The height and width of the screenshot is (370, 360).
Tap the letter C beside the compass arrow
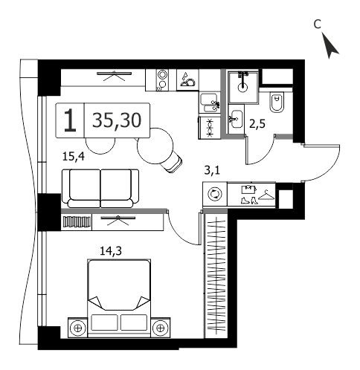pos(318,25)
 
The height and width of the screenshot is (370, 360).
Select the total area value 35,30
pos(117,120)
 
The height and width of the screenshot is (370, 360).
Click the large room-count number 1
pos(70,120)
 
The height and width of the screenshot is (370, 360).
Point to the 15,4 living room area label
pos(74,157)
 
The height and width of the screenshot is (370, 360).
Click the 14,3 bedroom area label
pos(111,251)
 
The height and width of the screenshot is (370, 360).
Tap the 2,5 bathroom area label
pos(257,124)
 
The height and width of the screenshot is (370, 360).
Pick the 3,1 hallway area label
pos(212,170)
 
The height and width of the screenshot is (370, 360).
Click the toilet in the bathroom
pos(276,103)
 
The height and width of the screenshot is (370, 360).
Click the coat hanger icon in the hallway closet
pos(266,195)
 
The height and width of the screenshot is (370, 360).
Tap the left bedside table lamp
pos(78,328)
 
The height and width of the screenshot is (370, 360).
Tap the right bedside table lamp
pos(161,328)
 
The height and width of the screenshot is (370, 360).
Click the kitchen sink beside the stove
pos(209,103)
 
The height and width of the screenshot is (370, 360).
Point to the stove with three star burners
pos(209,128)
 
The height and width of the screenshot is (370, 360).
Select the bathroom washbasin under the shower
pos(236,119)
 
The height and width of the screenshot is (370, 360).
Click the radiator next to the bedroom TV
pos(77,222)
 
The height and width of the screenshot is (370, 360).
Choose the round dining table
pos(155,146)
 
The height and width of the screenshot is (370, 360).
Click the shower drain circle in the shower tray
pos(242,88)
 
